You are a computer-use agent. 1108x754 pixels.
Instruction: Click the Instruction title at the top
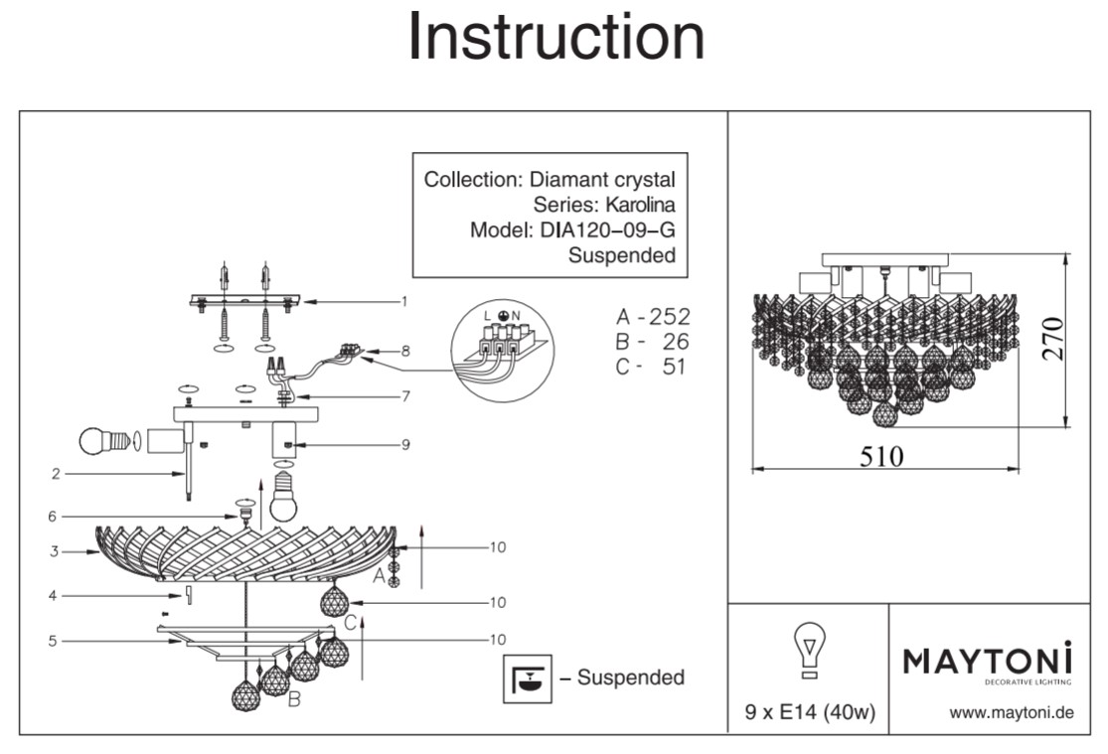555,39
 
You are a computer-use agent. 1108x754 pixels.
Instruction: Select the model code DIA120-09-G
609,230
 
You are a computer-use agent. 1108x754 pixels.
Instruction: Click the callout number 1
405,300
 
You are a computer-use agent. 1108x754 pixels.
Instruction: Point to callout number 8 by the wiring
405,351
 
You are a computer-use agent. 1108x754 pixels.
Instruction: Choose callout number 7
405,396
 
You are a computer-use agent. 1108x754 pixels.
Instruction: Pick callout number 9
405,444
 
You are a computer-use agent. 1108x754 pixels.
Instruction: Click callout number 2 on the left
57,474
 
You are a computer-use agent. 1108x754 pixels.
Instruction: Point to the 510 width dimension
881,455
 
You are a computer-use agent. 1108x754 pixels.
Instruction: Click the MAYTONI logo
988,661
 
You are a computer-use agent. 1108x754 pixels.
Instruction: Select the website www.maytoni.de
1012,712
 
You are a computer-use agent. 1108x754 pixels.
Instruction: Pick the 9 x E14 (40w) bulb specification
810,712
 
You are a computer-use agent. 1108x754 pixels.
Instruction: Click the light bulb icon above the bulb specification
810,651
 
